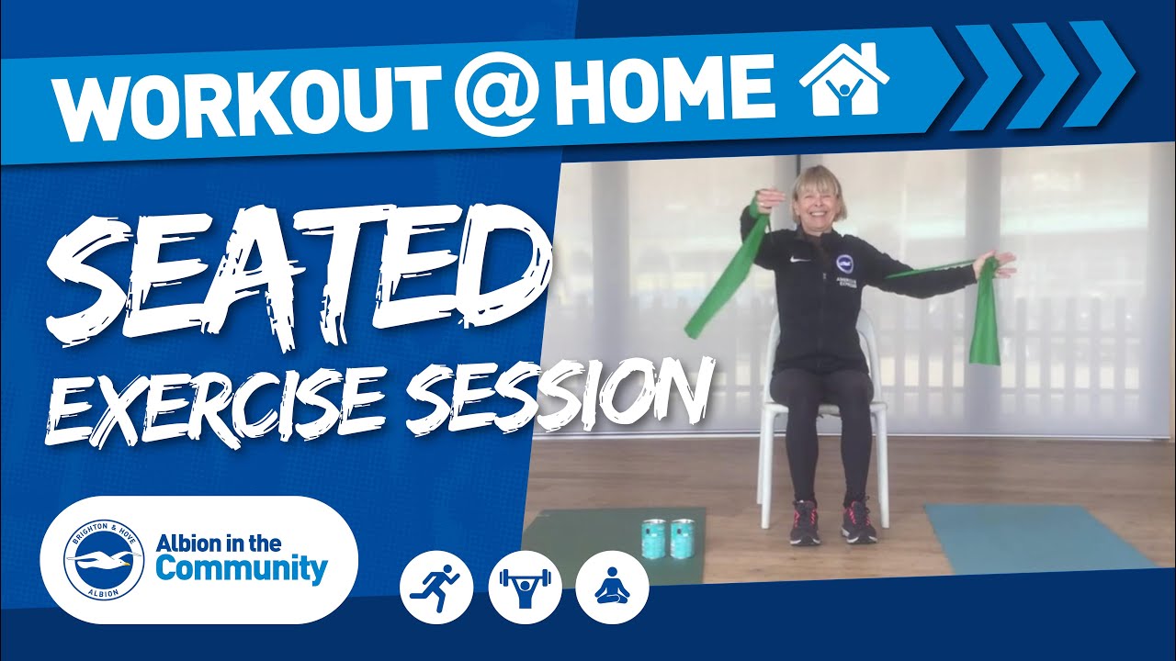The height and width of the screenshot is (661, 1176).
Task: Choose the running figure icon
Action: click(436, 588)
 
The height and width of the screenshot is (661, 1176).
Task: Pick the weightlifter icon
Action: click(525, 588)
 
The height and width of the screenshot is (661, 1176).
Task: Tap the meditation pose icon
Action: click(612, 588)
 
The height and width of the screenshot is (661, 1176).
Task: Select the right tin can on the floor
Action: click(683, 539)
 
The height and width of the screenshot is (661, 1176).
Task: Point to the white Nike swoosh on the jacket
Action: click(799, 259)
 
